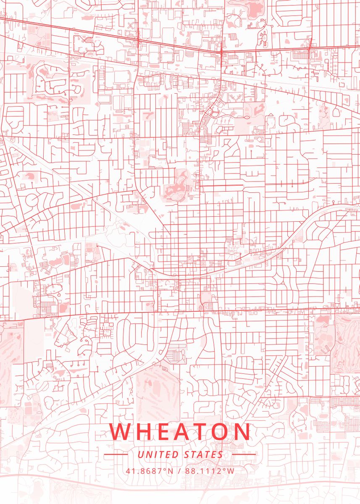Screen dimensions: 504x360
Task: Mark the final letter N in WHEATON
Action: [242, 432]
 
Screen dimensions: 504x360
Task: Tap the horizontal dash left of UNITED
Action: [116, 454]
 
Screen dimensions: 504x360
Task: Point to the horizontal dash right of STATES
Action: [244, 454]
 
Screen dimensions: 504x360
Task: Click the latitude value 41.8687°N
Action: [149, 470]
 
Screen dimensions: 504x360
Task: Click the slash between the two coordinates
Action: [179, 470]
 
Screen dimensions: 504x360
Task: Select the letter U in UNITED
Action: [140, 454]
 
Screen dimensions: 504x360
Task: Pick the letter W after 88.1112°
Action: [231, 470]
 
